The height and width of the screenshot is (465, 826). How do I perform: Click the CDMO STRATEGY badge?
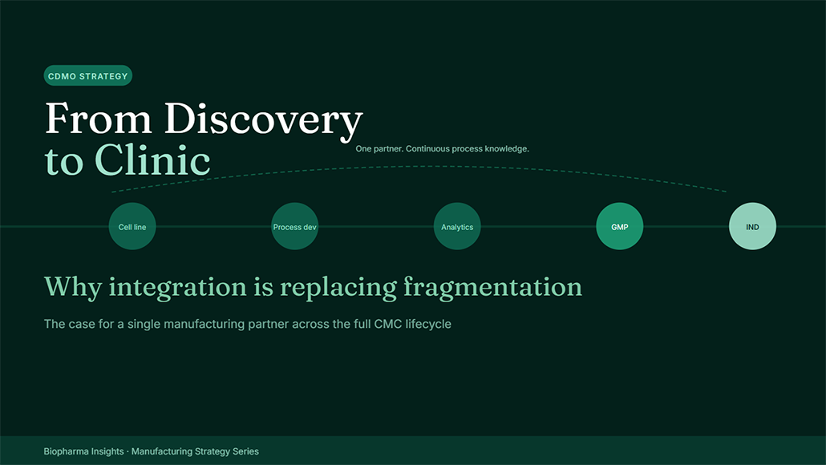click(x=88, y=76)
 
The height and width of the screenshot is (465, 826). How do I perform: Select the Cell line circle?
click(x=132, y=226)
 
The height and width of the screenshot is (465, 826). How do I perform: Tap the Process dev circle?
click(x=295, y=226)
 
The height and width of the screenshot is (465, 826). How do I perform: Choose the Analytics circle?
click(x=457, y=226)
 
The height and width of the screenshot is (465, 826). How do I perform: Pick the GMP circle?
click(x=619, y=226)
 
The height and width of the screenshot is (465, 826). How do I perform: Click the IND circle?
click(x=752, y=226)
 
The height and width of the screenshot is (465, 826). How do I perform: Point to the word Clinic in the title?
click(x=152, y=160)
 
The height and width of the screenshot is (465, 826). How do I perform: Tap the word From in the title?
click(x=99, y=118)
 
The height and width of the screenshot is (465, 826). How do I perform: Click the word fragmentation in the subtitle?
click(x=493, y=288)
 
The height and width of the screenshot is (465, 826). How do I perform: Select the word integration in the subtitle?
click(x=177, y=288)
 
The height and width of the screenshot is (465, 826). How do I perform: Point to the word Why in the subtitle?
click(x=73, y=288)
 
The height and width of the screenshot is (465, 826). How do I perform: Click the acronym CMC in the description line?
click(x=388, y=324)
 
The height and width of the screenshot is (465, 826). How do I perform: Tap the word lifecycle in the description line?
click(x=428, y=325)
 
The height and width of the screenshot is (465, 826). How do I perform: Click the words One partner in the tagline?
click(x=379, y=149)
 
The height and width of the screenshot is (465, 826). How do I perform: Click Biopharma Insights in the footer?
click(x=83, y=451)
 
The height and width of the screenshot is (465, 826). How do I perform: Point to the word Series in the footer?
click(x=245, y=451)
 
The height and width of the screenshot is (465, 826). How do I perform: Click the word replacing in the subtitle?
click(x=338, y=288)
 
